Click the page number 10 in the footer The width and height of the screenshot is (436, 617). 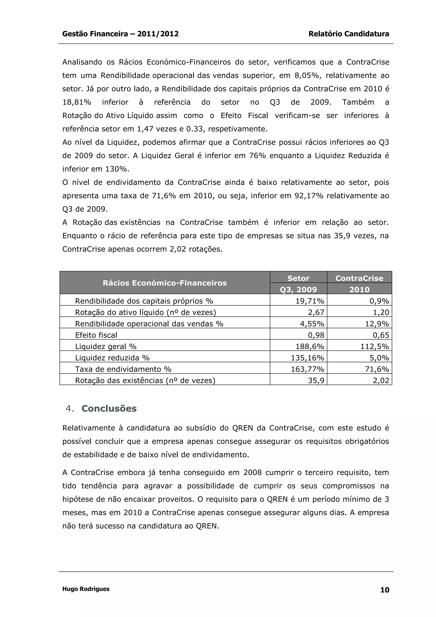point(385,590)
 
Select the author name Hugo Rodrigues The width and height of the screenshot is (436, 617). point(86,589)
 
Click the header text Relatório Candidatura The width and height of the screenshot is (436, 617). point(349,34)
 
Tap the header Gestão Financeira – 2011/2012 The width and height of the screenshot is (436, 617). point(120,34)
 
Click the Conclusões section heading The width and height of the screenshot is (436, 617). point(109,408)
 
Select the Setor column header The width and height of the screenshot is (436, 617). point(298,278)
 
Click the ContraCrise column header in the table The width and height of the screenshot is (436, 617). point(359,278)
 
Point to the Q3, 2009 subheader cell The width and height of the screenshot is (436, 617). point(298,289)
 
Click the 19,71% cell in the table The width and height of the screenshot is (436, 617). point(310,301)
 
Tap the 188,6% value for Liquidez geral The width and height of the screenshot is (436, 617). point(310,346)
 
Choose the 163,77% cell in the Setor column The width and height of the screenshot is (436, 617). point(308,369)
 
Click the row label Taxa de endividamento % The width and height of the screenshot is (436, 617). point(123,369)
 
